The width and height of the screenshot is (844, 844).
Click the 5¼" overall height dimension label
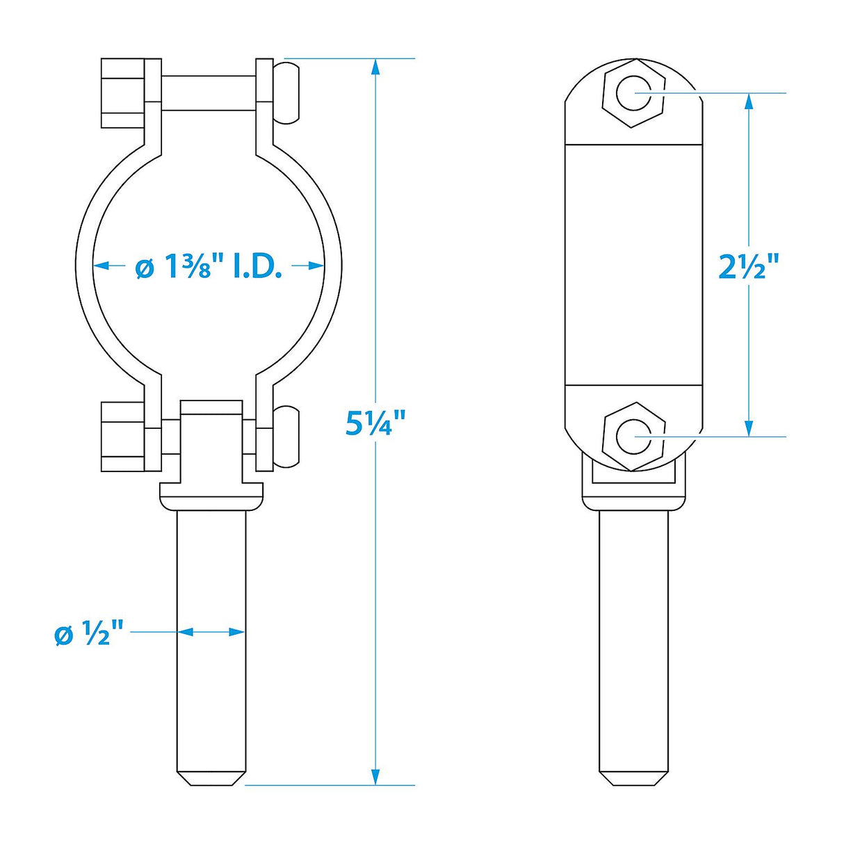[375, 422]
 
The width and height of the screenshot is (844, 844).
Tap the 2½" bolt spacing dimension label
[749, 266]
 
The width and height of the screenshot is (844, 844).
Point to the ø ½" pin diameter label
[89, 633]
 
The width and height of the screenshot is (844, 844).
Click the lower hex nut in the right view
[633, 437]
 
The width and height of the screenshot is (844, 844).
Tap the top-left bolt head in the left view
[123, 93]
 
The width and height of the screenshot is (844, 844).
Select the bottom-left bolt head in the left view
[123, 437]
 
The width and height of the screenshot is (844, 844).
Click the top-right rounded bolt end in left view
[286, 93]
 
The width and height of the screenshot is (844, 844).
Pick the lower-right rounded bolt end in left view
[286, 437]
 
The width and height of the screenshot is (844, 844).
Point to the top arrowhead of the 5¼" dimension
[375, 67]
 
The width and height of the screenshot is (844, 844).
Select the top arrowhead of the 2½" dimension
[749, 102]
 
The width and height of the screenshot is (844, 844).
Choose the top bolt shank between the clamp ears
[209, 93]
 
